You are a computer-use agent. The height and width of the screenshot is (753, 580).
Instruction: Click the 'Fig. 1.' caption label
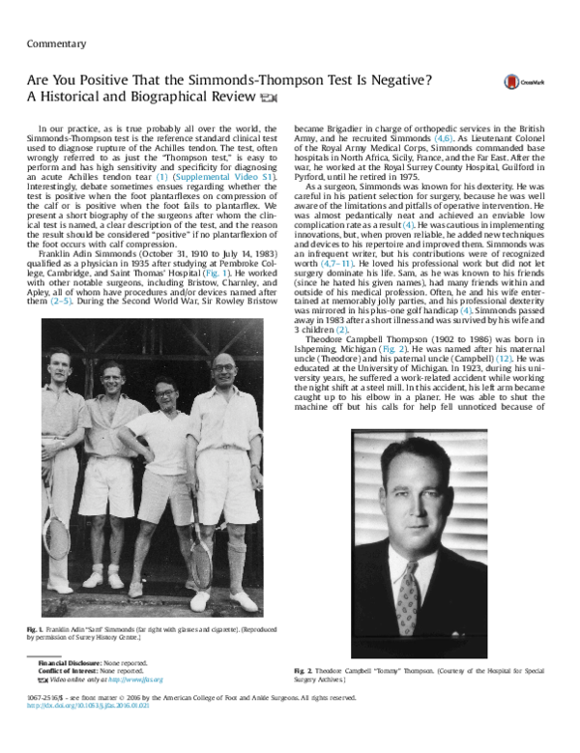pyautogui.click(x=36, y=629)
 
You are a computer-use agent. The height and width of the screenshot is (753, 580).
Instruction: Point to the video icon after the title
pyautogui.click(x=269, y=99)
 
